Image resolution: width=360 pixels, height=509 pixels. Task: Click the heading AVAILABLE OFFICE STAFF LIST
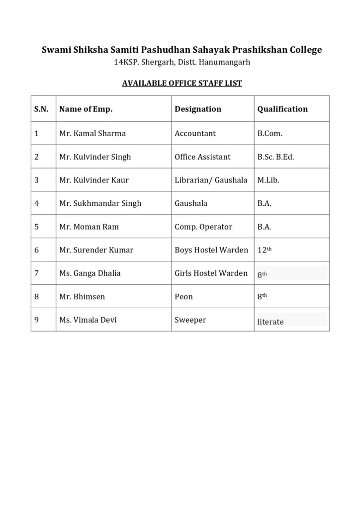coord(182,83)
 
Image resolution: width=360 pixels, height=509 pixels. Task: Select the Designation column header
coord(198,109)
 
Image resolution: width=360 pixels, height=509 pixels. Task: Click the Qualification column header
coord(282,109)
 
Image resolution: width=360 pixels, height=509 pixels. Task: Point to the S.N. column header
coord(41,109)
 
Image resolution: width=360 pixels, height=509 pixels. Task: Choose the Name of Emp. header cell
coord(86,109)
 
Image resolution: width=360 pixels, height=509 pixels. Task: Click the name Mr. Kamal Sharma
coord(92,133)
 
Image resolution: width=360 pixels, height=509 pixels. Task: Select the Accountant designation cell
coord(195,133)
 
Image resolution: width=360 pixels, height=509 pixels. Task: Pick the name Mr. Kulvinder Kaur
coord(94,180)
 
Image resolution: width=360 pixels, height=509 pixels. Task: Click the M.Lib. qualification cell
coord(269,180)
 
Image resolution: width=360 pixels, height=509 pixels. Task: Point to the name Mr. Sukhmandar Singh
coord(100,203)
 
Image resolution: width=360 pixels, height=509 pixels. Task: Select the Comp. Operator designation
coord(203,227)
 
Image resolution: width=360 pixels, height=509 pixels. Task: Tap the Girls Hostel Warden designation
coord(211,273)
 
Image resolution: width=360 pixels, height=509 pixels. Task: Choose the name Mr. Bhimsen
coord(82,297)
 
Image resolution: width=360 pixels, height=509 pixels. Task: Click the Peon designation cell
coord(184,297)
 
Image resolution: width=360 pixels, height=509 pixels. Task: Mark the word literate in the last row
coord(270,322)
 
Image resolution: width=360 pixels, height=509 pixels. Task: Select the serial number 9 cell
coord(37,320)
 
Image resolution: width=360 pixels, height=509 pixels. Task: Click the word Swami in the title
coord(53,50)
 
